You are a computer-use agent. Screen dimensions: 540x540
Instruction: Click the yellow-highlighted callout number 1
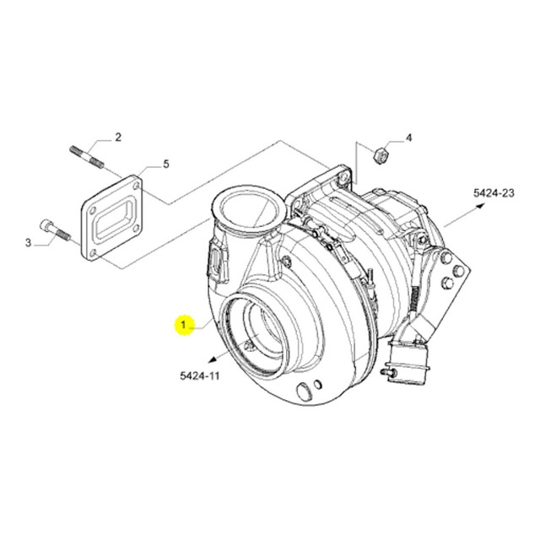click(184, 325)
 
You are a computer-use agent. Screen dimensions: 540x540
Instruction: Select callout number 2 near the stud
click(118, 138)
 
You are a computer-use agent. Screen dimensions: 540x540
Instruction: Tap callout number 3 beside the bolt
click(28, 243)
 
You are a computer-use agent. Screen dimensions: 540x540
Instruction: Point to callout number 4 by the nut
click(408, 138)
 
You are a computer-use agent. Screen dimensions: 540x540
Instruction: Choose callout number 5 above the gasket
click(166, 165)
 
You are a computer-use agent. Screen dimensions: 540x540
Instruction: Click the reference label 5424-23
click(494, 193)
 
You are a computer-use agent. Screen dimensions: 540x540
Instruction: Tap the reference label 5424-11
click(199, 375)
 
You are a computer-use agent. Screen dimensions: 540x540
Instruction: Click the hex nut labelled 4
click(381, 155)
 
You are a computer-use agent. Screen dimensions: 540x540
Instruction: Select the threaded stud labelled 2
click(86, 158)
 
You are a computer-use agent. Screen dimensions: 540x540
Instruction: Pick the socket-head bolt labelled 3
click(56, 229)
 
